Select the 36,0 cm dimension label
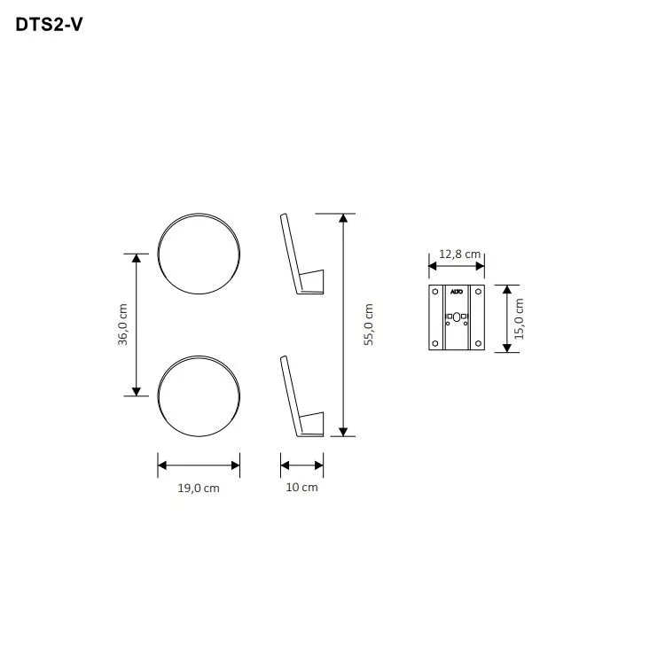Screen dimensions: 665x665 click(123, 325)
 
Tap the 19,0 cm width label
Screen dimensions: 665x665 click(198, 488)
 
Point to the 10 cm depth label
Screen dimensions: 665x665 click(301, 488)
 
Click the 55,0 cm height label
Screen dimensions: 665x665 click(369, 325)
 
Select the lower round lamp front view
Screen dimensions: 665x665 click(199, 396)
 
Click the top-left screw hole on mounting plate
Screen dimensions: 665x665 click(435, 291)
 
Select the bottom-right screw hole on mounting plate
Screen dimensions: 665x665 click(479, 344)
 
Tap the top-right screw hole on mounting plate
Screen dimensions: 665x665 click(479, 291)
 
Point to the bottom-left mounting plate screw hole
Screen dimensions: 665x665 click(435, 344)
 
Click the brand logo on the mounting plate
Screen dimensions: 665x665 click(457, 291)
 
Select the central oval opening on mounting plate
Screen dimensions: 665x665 click(457, 316)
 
